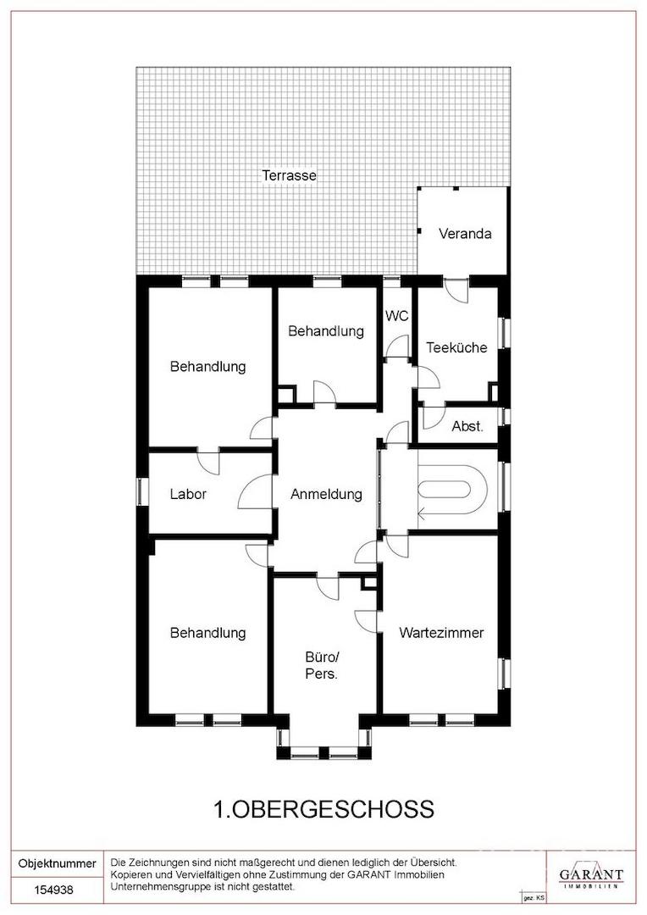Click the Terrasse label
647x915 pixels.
(x=289, y=175)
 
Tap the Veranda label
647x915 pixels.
(x=465, y=234)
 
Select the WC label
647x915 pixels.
(x=396, y=316)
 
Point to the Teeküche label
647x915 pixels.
(x=456, y=348)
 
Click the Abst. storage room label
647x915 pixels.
(x=467, y=426)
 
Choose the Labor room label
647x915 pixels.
(x=188, y=494)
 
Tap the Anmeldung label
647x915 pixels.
(x=326, y=494)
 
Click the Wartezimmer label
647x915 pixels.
(x=441, y=633)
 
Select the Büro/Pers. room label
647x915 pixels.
(x=322, y=665)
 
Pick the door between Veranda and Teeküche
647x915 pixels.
(x=456, y=291)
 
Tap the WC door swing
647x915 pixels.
(x=399, y=346)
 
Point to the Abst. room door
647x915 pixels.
(x=433, y=417)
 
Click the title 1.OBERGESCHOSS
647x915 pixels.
(x=324, y=809)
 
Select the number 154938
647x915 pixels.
(x=53, y=890)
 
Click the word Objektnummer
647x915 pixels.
(x=58, y=863)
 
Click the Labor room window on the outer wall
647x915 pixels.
(x=140, y=491)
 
